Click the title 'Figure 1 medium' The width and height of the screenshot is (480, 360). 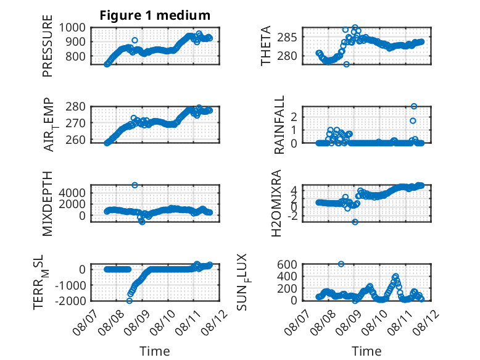pyautogui.click(x=155, y=15)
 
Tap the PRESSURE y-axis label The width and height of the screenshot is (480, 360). pyautogui.click(x=48, y=46)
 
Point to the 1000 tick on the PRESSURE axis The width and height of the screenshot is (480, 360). pyautogui.click(x=72, y=28)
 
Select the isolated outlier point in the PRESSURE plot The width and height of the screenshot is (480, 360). pyautogui.click(x=134, y=40)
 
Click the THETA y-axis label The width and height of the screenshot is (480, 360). pyautogui.click(x=266, y=46)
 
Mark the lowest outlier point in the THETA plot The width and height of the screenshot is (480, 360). pyautogui.click(x=346, y=64)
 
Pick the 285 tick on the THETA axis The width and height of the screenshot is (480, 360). pyautogui.click(x=287, y=38)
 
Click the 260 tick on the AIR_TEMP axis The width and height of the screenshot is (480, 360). pyautogui.click(x=76, y=140)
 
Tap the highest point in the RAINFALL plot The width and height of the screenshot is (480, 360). pyautogui.click(x=414, y=106)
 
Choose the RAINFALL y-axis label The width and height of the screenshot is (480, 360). pyautogui.click(x=279, y=125)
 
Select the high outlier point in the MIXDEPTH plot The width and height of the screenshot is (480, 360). pyautogui.click(x=134, y=185)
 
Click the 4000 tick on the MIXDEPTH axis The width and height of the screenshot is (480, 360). pyautogui.click(x=72, y=193)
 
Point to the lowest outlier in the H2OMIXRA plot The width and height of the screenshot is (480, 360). pyautogui.click(x=355, y=222)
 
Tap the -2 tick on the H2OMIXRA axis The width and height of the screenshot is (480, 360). pyautogui.click(x=292, y=216)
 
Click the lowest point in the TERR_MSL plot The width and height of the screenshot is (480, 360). pyautogui.click(x=130, y=301)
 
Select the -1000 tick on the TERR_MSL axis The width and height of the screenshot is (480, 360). pyautogui.click(x=71, y=285)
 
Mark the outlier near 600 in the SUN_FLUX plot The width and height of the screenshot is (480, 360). pyautogui.click(x=341, y=264)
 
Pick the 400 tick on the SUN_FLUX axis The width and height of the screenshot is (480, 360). pyautogui.click(x=287, y=277)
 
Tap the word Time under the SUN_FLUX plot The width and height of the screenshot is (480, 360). pyautogui.click(x=366, y=351)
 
